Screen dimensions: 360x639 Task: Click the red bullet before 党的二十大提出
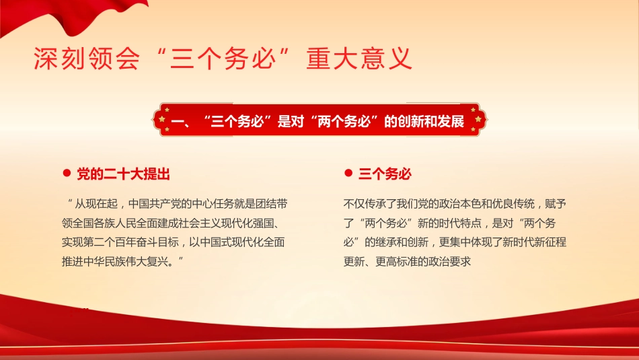(x=66, y=174)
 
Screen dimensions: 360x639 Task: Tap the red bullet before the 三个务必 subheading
(x=348, y=174)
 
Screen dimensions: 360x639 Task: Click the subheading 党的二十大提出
(x=123, y=174)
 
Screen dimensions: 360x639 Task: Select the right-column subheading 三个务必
(x=385, y=174)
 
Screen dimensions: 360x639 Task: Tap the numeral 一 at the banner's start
(x=178, y=122)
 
